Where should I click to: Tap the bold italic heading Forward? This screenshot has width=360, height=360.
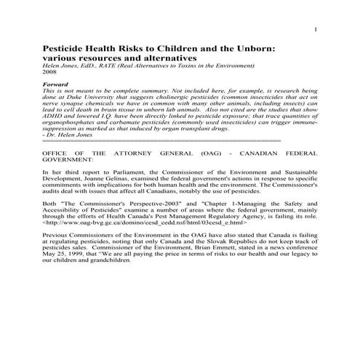point(56,84)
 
